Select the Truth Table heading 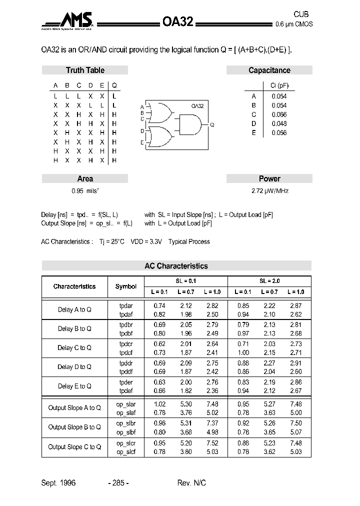coord(85,70)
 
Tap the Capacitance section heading coord(269,70)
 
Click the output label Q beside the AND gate coord(212,124)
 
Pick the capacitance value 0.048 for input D coord(279,123)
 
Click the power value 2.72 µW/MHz coord(269,191)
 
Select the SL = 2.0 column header coord(269,281)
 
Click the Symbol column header coord(125,286)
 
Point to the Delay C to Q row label coord(74,348)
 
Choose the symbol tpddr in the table coord(126,363)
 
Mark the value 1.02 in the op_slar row coord(159,404)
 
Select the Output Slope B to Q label coord(74,427)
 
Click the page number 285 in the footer coord(118,483)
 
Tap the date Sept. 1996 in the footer coord(58,483)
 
